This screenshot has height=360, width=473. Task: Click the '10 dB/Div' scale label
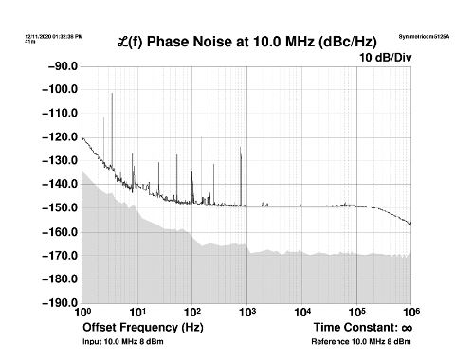385,58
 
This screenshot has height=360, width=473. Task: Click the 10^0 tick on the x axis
82,313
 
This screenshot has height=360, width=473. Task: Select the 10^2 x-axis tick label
192,313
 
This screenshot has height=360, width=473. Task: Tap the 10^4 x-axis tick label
302,313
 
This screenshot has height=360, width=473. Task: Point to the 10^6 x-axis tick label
412,313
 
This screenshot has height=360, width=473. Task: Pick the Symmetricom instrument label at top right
422,35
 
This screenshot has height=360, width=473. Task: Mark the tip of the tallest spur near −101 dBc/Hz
112,93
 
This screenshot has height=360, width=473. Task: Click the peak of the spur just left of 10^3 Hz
240,146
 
